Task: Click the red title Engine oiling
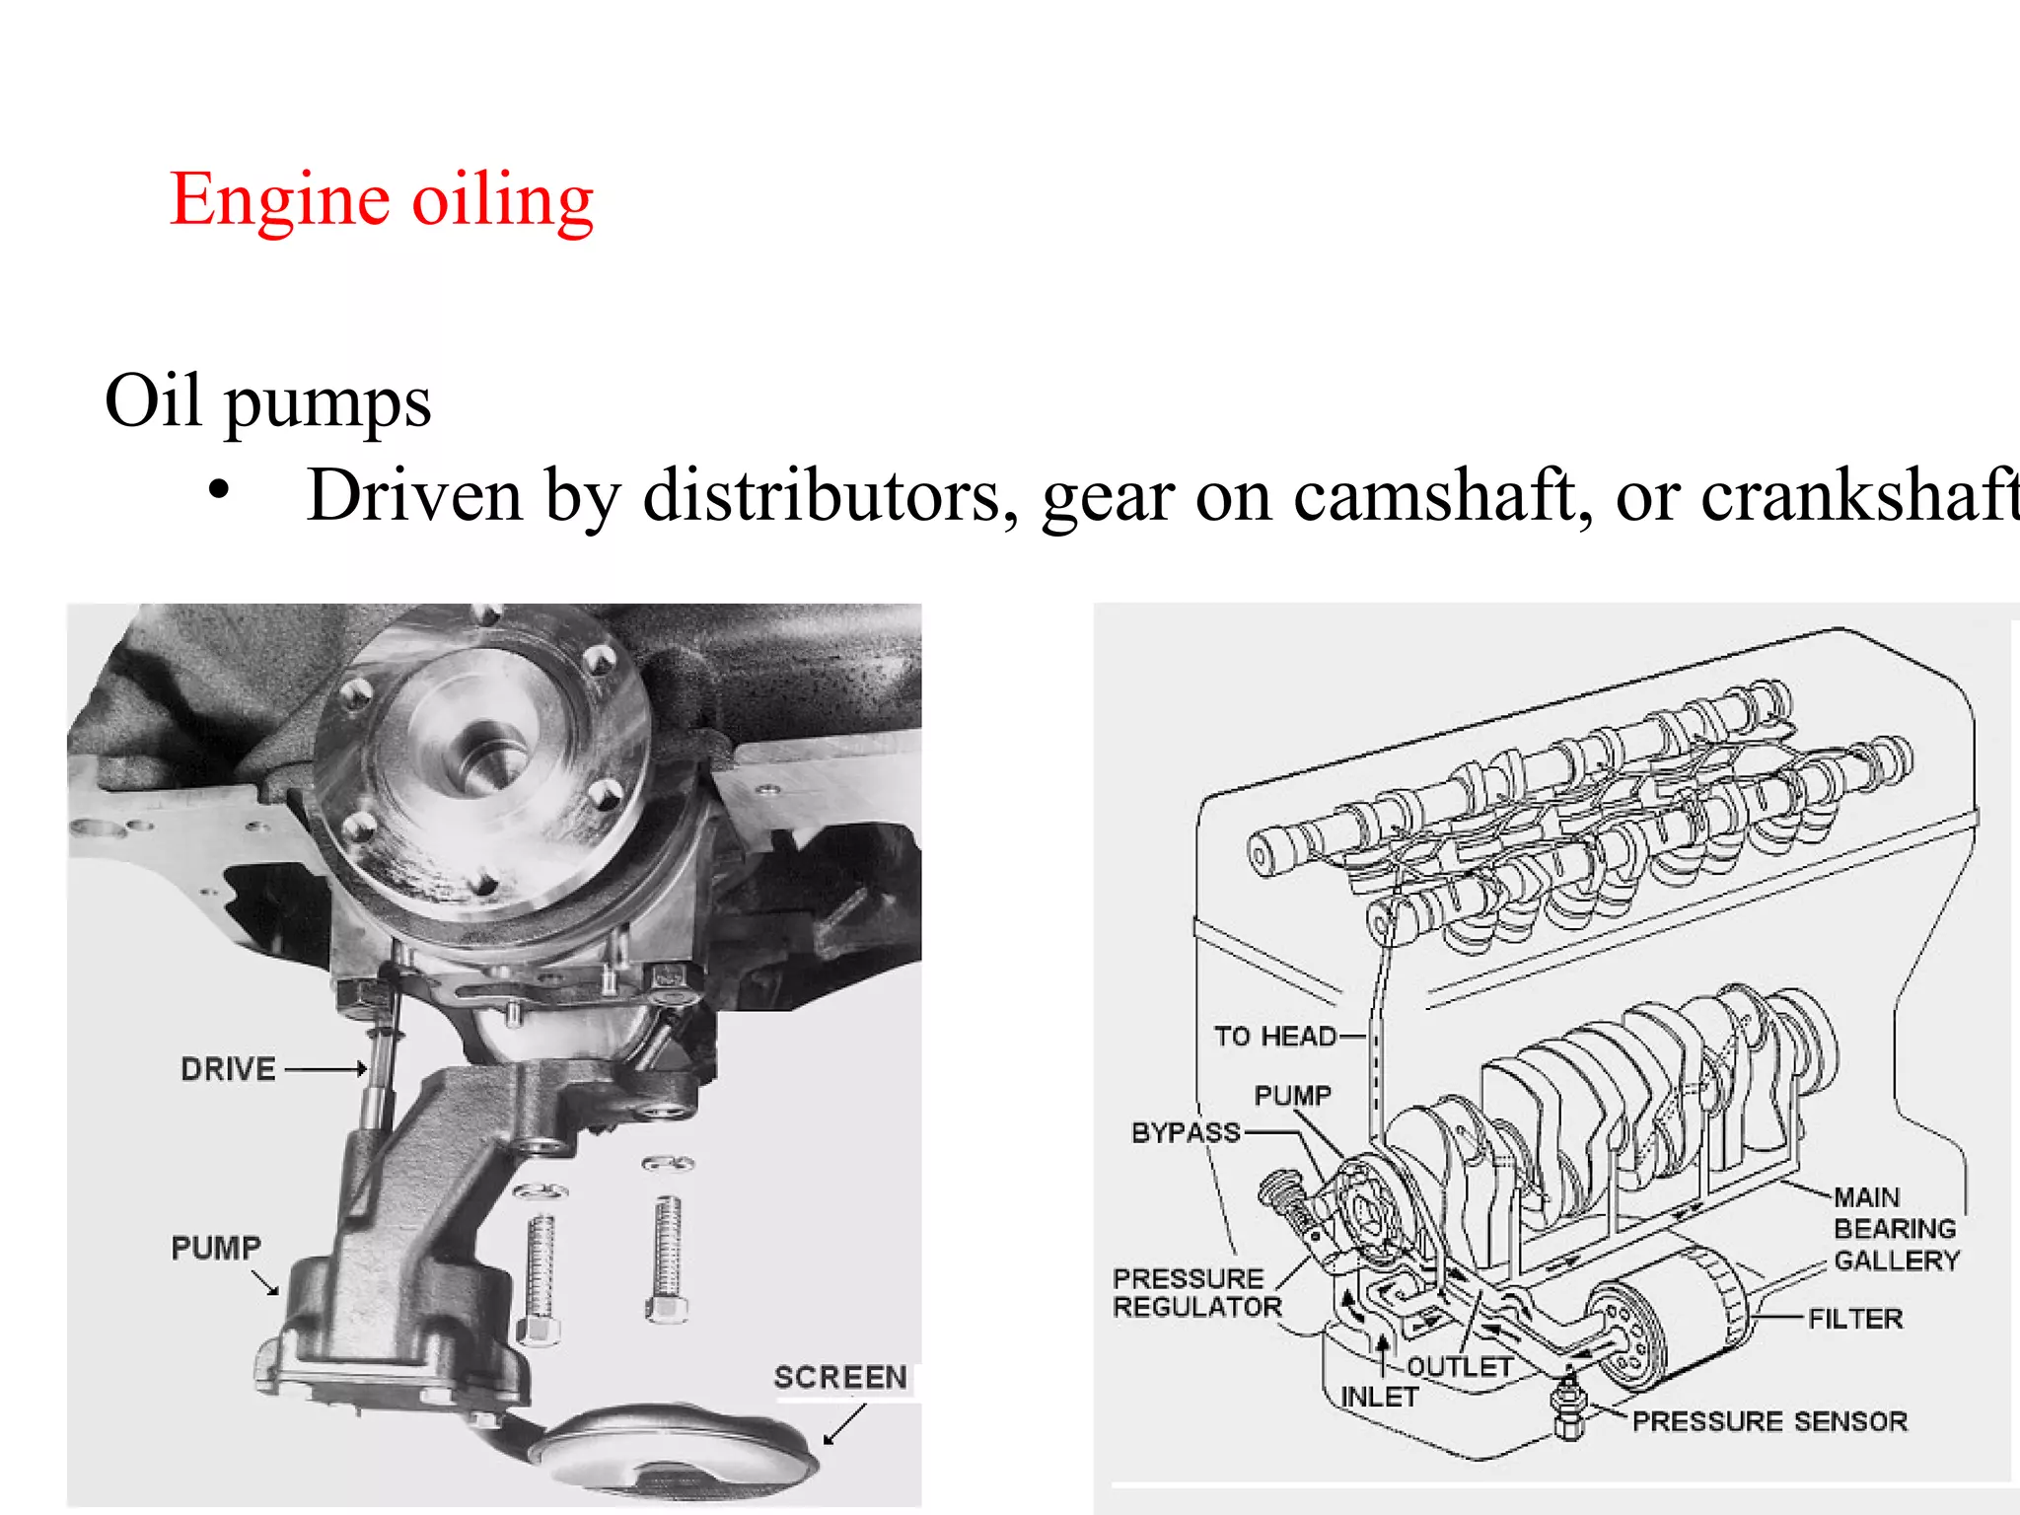point(381,200)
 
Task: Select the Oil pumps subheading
point(267,400)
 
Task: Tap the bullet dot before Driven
point(219,490)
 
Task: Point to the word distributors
point(830,495)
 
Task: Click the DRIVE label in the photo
point(228,1069)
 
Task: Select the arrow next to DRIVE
point(325,1069)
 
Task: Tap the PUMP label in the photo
point(216,1248)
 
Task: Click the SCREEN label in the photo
point(839,1377)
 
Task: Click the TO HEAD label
point(1274,1037)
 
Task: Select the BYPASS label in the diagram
point(1186,1132)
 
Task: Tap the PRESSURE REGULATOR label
point(1196,1292)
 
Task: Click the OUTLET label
point(1459,1367)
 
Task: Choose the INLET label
point(1379,1398)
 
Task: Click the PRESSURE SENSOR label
point(1769,1421)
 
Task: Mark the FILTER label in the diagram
point(1854,1319)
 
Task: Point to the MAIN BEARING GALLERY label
point(1895,1229)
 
